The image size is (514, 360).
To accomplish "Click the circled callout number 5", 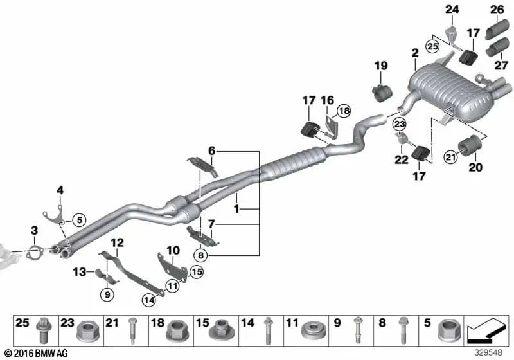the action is click(x=79, y=220).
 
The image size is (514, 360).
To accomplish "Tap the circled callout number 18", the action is click(x=344, y=111).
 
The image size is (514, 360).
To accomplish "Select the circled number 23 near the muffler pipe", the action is click(x=400, y=124).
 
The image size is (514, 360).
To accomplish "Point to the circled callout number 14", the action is click(x=149, y=300).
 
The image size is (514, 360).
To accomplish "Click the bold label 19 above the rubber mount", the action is click(x=381, y=66).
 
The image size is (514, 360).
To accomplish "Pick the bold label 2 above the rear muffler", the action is click(x=415, y=53).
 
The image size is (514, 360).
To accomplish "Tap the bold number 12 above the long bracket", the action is click(x=117, y=242).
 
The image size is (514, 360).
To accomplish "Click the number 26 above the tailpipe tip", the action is click(x=497, y=10).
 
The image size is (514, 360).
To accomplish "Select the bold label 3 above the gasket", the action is click(x=35, y=231).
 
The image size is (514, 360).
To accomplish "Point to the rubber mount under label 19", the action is click(x=382, y=93).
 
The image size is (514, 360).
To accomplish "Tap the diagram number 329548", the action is click(x=488, y=352).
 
